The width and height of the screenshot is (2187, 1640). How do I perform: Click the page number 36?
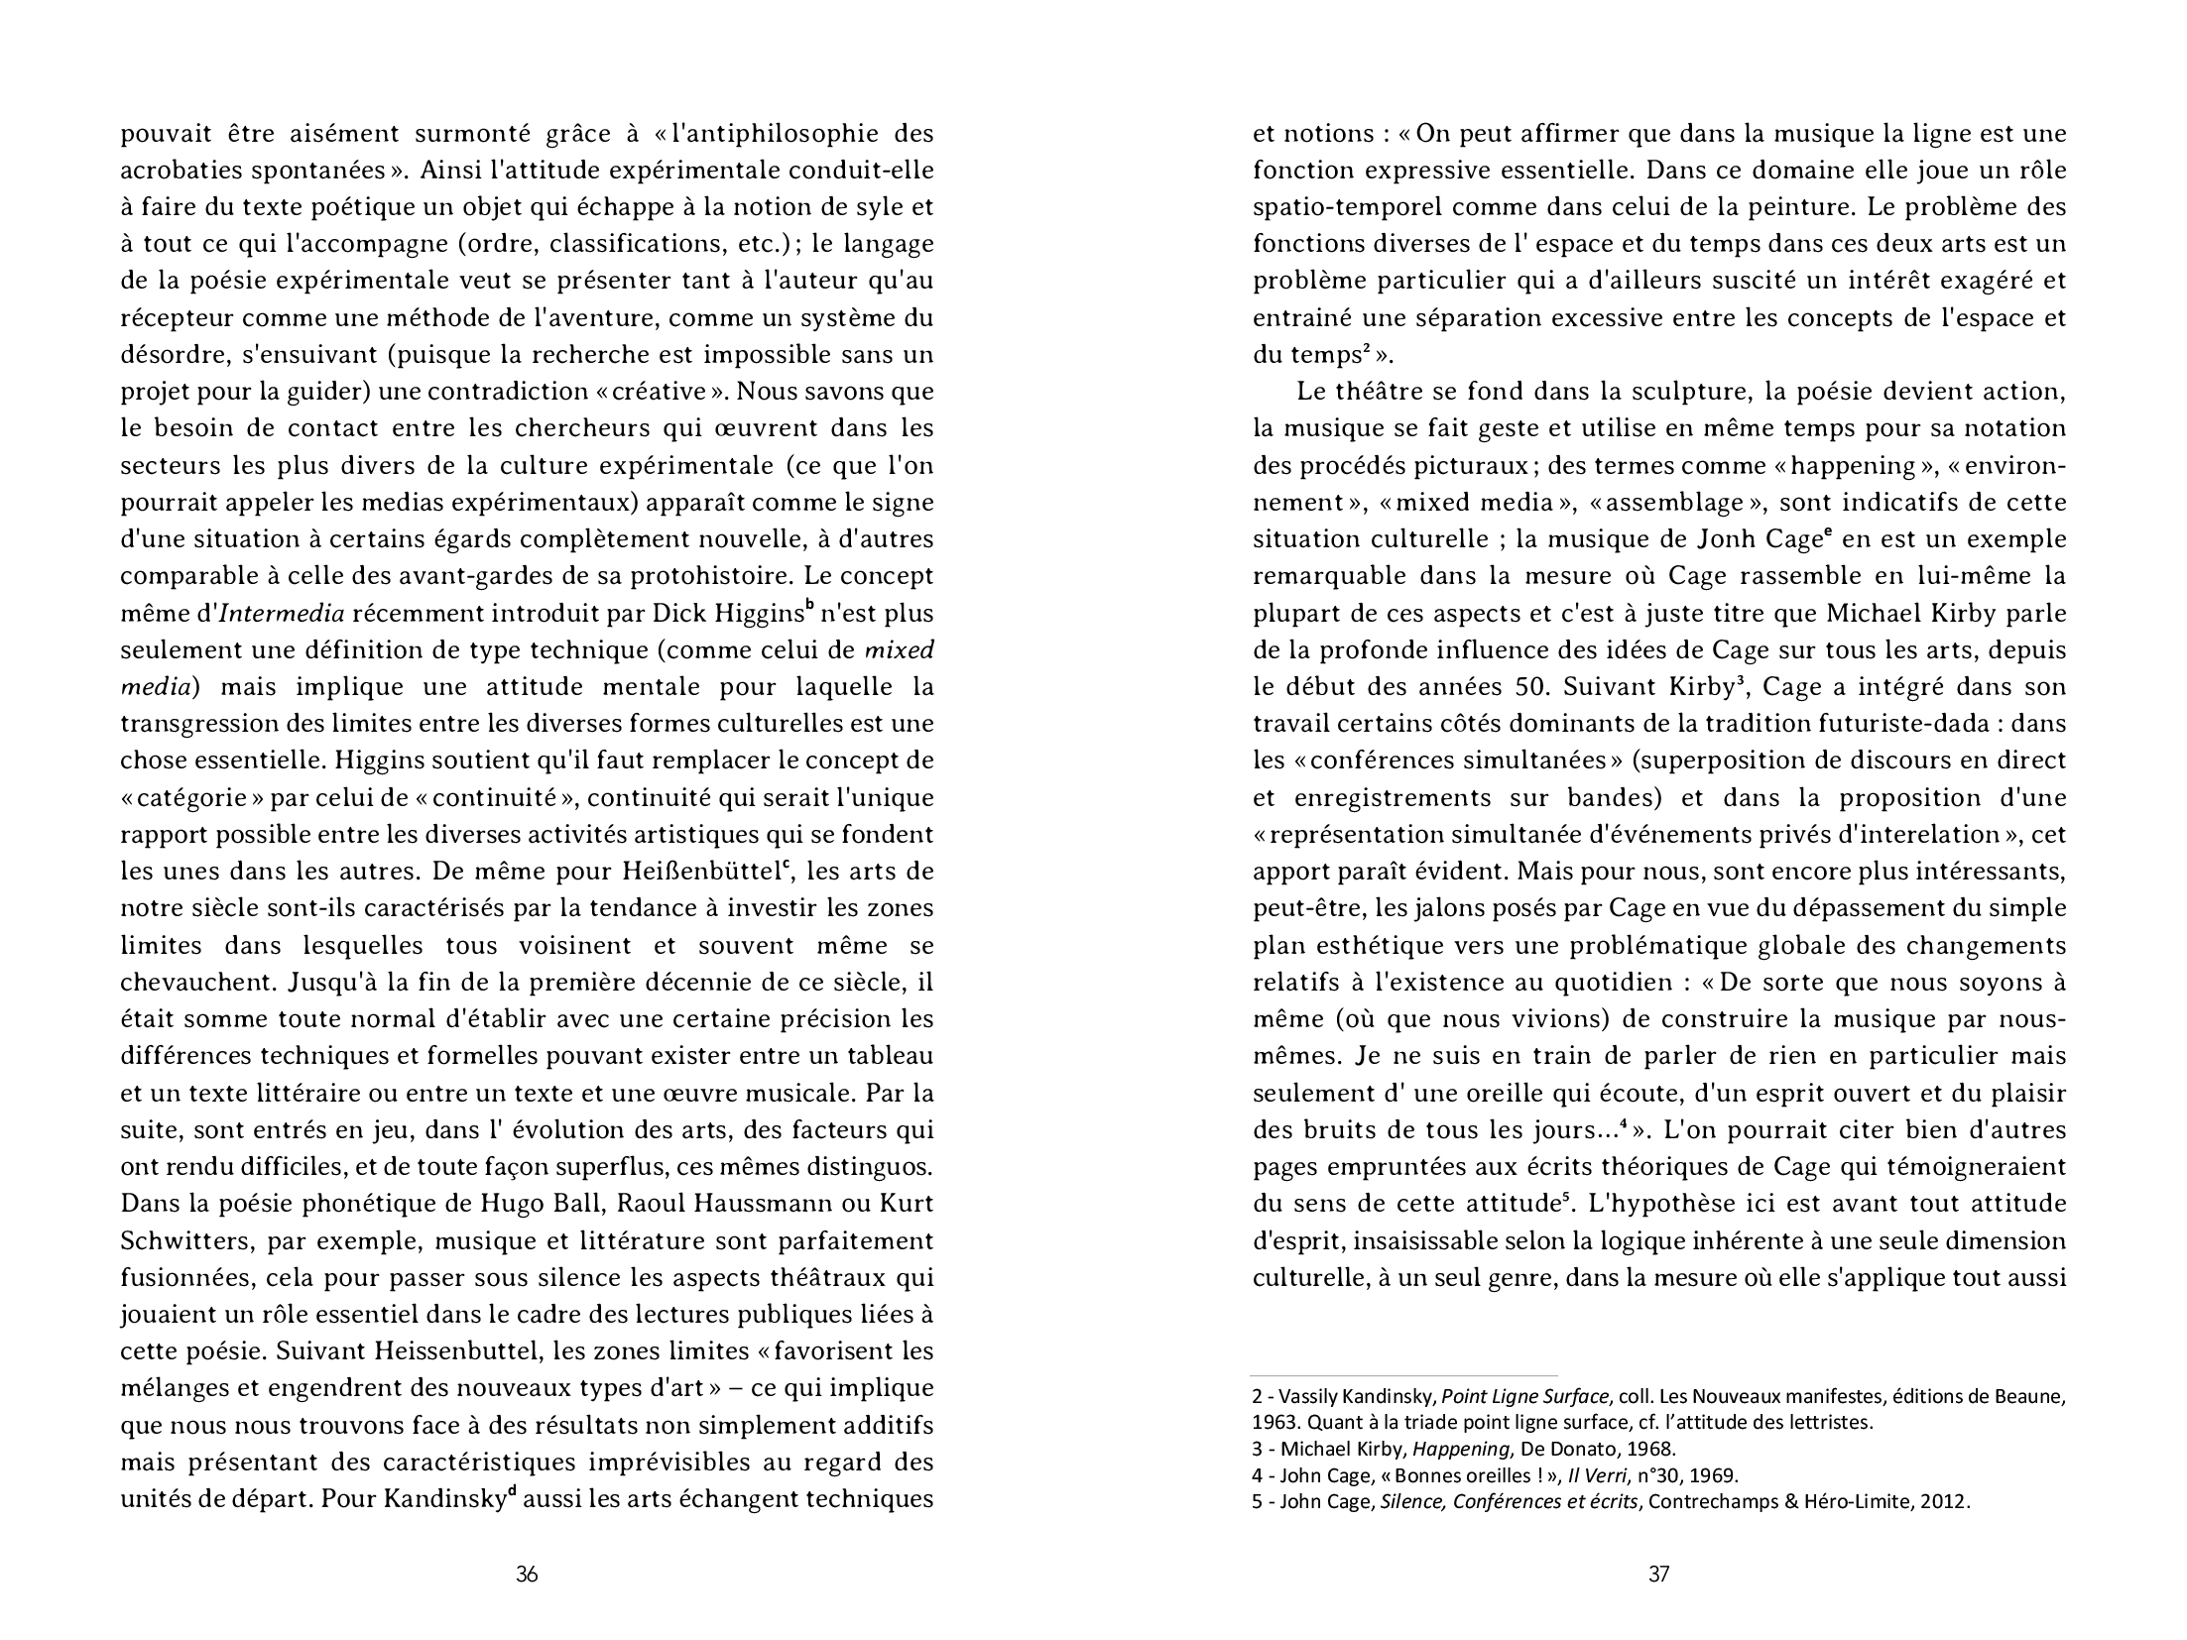click(527, 1574)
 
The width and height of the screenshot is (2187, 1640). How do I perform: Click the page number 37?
click(1658, 1574)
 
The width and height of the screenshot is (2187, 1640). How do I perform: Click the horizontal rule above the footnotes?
click(1404, 1376)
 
